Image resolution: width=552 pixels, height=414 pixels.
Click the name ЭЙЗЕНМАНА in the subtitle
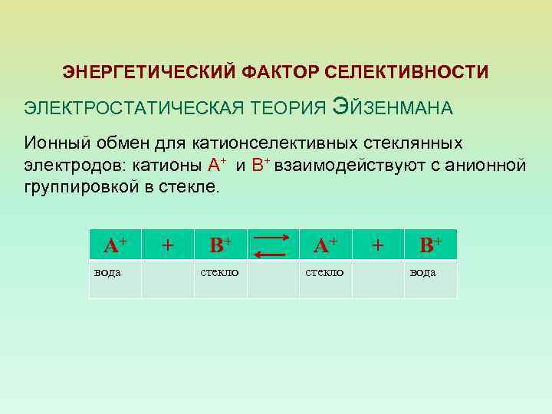tap(393, 107)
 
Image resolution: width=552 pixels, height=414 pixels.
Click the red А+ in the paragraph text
tap(217, 163)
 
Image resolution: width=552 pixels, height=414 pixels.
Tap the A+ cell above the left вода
tap(115, 245)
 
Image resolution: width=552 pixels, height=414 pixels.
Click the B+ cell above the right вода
tap(429, 245)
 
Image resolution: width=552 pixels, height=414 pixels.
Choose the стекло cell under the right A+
tap(324, 272)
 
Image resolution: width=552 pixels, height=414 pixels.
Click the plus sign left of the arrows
tap(167, 245)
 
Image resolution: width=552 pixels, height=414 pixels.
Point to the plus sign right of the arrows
tap(377, 245)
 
